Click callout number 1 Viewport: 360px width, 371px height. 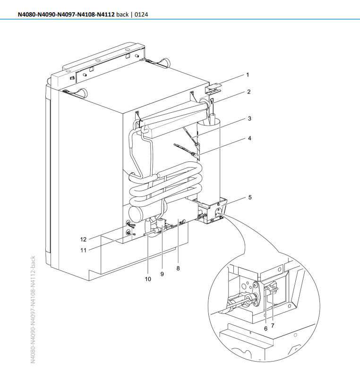click(248, 75)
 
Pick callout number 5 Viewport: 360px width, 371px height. click(249, 197)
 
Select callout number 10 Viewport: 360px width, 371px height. click(148, 279)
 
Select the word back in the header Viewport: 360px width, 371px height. click(123, 14)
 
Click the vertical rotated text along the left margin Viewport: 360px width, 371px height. click(33, 309)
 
